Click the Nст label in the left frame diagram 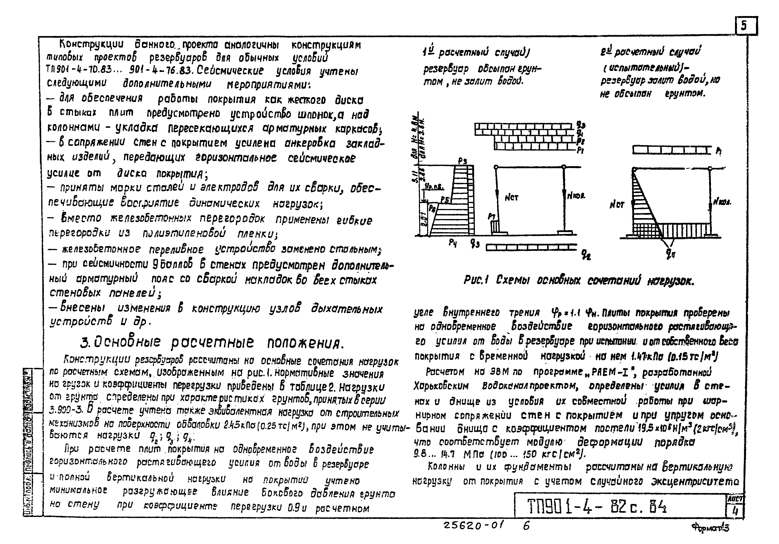[x=511, y=197]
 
